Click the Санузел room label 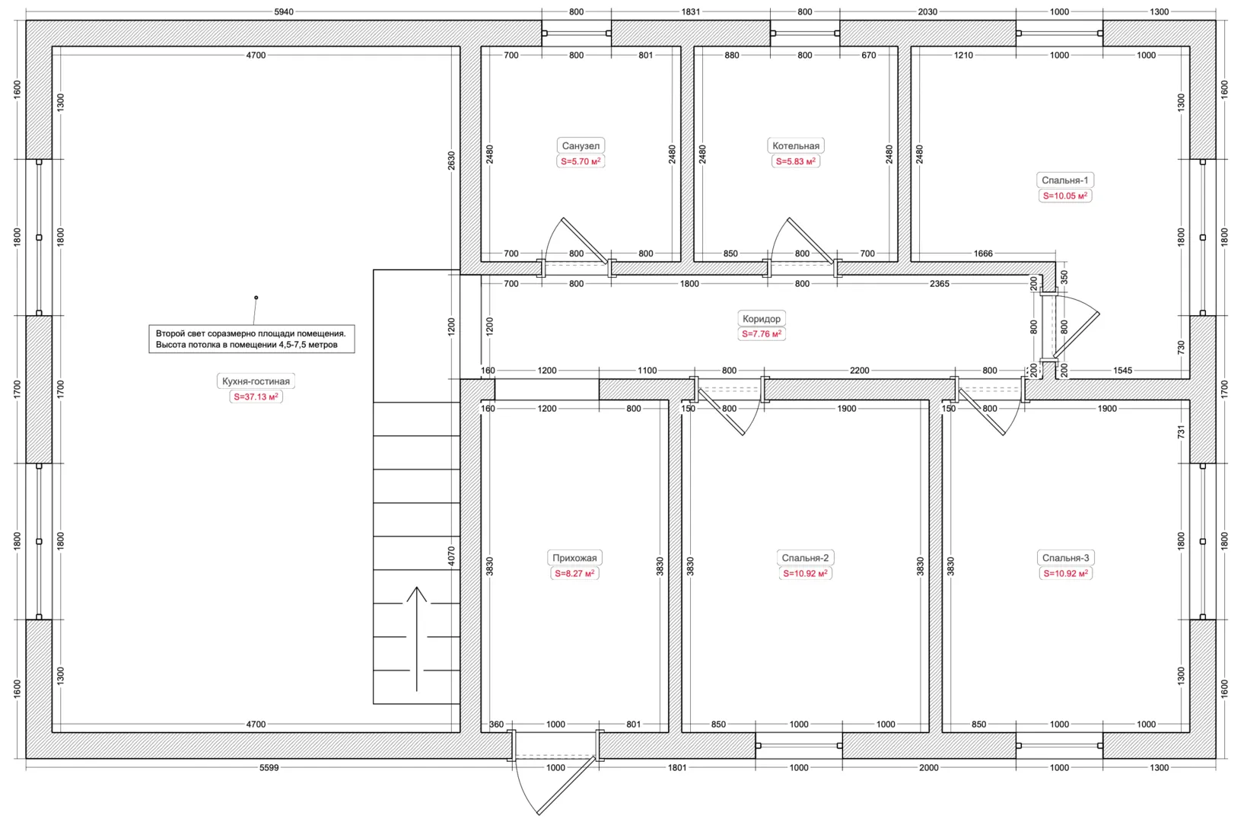click(x=581, y=145)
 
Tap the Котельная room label click(x=795, y=145)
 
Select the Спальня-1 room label click(x=1064, y=180)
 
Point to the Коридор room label click(x=762, y=318)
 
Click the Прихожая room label click(x=574, y=558)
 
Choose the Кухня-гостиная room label click(x=256, y=381)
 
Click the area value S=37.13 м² click(x=256, y=397)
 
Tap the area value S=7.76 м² click(x=762, y=334)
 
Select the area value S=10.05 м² click(x=1064, y=196)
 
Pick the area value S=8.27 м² click(x=574, y=573)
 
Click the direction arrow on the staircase click(x=416, y=639)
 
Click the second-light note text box click(x=252, y=339)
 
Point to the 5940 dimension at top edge click(x=284, y=11)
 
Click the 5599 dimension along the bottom click(x=269, y=767)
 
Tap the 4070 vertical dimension click(x=451, y=556)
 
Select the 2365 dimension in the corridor click(x=939, y=284)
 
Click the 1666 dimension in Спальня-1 click(x=983, y=253)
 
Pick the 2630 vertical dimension click(x=451, y=161)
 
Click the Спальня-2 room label click(x=805, y=558)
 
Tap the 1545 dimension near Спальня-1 click(x=1122, y=371)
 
